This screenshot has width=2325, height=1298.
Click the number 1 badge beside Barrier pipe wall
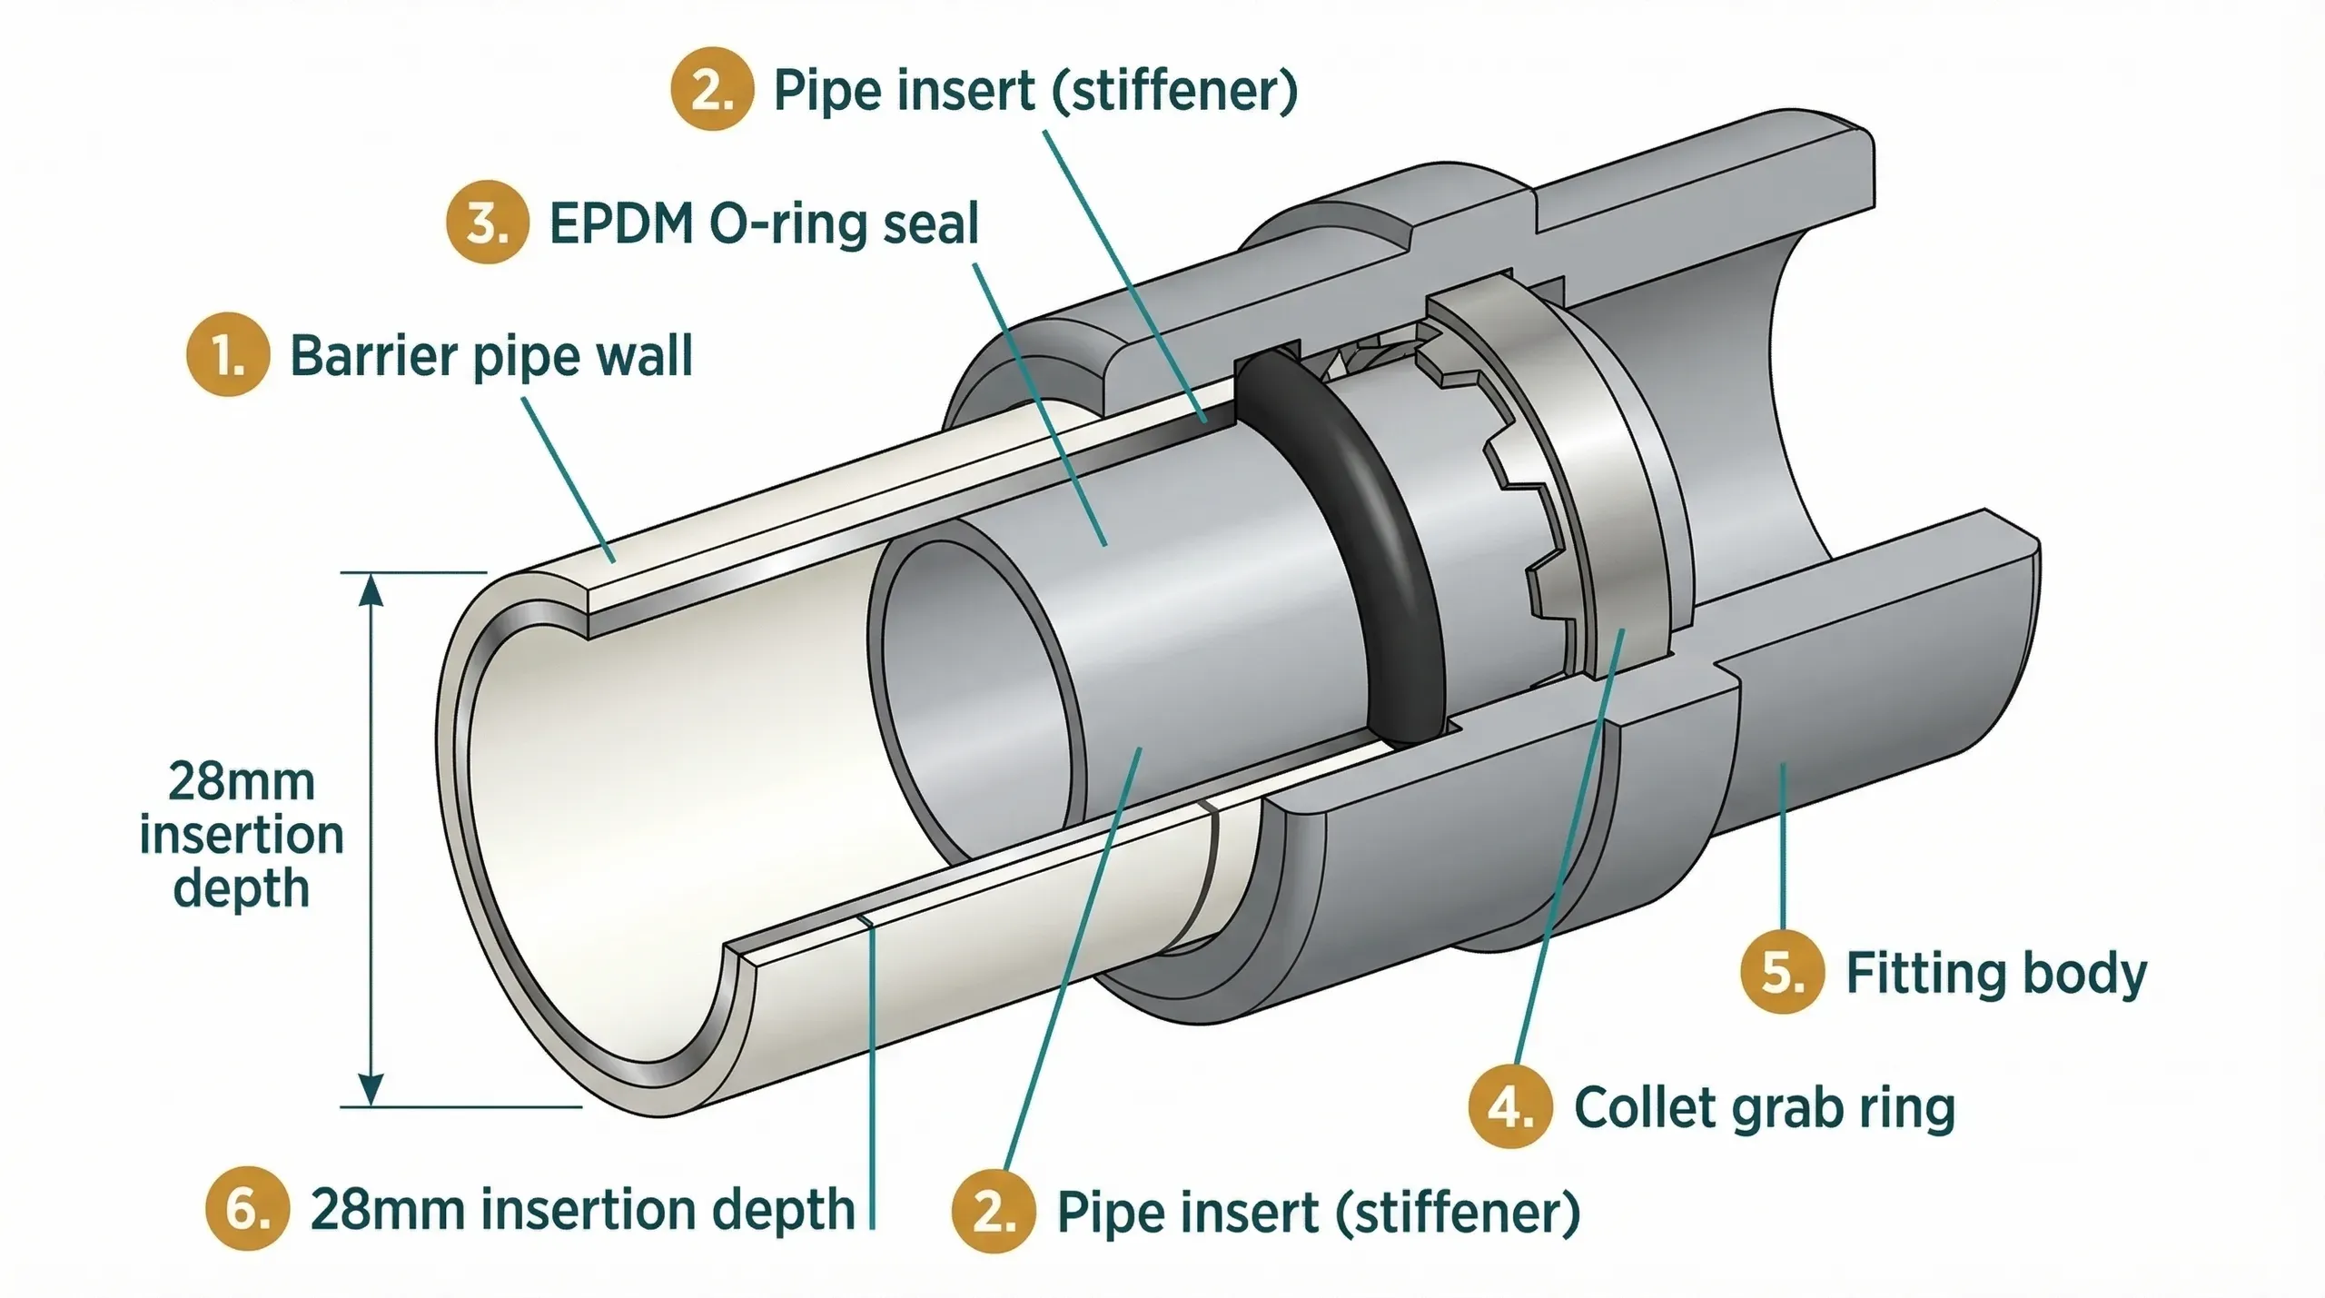point(228,354)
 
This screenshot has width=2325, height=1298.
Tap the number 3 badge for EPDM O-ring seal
point(488,223)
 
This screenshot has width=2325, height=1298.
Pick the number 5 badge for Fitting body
point(1782,972)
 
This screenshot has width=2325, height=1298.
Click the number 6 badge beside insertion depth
point(247,1209)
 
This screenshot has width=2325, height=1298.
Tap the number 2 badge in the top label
point(712,89)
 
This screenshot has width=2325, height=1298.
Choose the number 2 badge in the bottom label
point(994,1212)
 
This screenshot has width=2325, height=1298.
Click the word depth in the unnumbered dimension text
point(241,887)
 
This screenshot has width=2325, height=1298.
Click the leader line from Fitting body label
point(1784,845)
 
